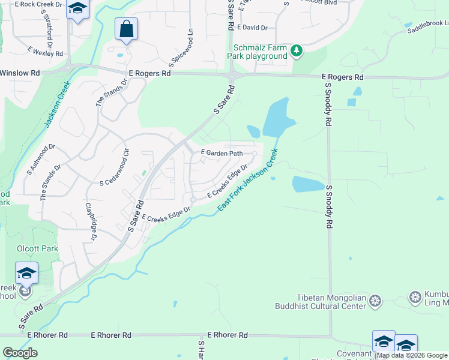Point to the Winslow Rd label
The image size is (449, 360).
(20, 73)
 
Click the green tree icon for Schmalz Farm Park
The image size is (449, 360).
(296, 51)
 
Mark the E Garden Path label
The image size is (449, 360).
(221, 154)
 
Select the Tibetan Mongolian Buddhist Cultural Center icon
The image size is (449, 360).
(375, 299)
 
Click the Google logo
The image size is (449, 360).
(20, 353)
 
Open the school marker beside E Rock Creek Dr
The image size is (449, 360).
(77, 9)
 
